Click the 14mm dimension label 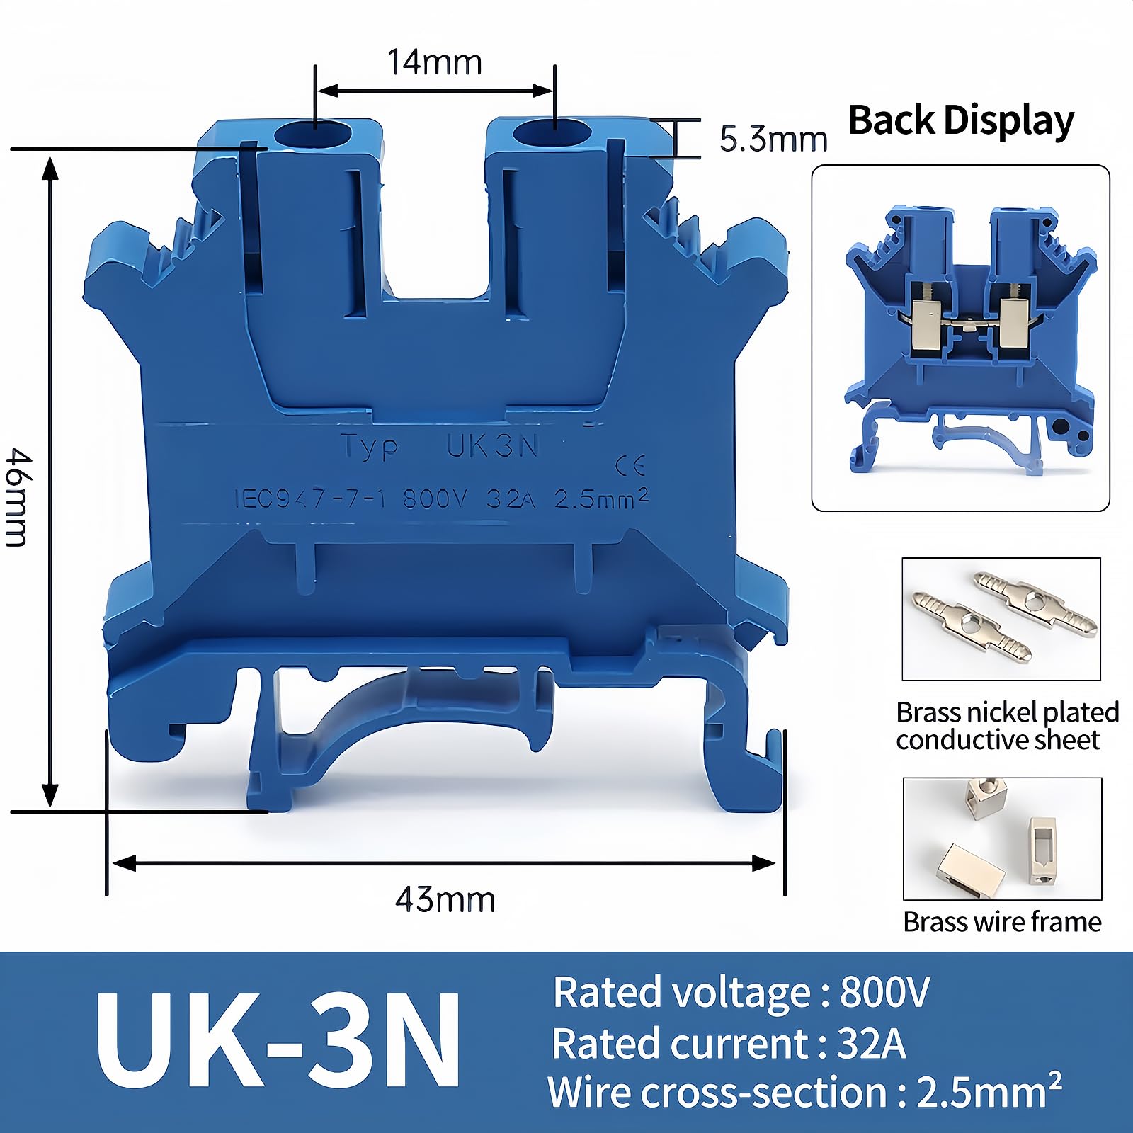pos(435,62)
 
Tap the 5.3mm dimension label pos(773,139)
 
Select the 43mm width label pos(445,900)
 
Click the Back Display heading pos(961,120)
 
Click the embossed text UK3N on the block pos(493,445)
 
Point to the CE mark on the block pos(630,465)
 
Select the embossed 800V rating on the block pos(435,499)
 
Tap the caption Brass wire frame pos(1002,922)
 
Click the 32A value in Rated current pos(871,1044)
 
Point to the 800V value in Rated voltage pos(884,992)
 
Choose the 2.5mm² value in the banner pos(989,1091)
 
